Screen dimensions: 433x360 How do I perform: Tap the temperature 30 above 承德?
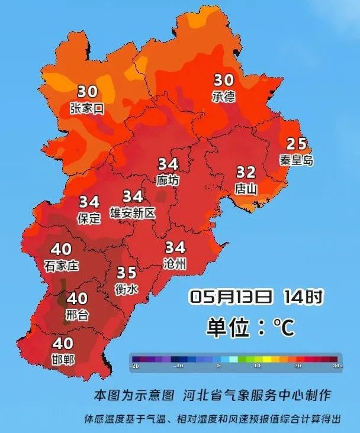[x=224, y=80]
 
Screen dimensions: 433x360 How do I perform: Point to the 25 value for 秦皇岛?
[x=297, y=144]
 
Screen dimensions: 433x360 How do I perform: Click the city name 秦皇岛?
[x=297, y=160]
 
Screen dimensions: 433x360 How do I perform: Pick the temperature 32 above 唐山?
[x=246, y=173]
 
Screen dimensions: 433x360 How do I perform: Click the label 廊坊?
[x=168, y=180]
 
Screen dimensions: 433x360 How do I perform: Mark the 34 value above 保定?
[x=89, y=202]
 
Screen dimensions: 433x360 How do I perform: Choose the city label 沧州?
[x=175, y=263]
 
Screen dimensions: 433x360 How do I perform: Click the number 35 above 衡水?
[x=126, y=273]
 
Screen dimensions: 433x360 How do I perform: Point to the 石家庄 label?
[x=61, y=266]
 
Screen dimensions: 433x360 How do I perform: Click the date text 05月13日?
[x=232, y=296]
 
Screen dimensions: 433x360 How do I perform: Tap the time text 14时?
[x=303, y=296]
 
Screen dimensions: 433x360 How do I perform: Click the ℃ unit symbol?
[x=283, y=327]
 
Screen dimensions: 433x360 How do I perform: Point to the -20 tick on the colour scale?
[x=136, y=366]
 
